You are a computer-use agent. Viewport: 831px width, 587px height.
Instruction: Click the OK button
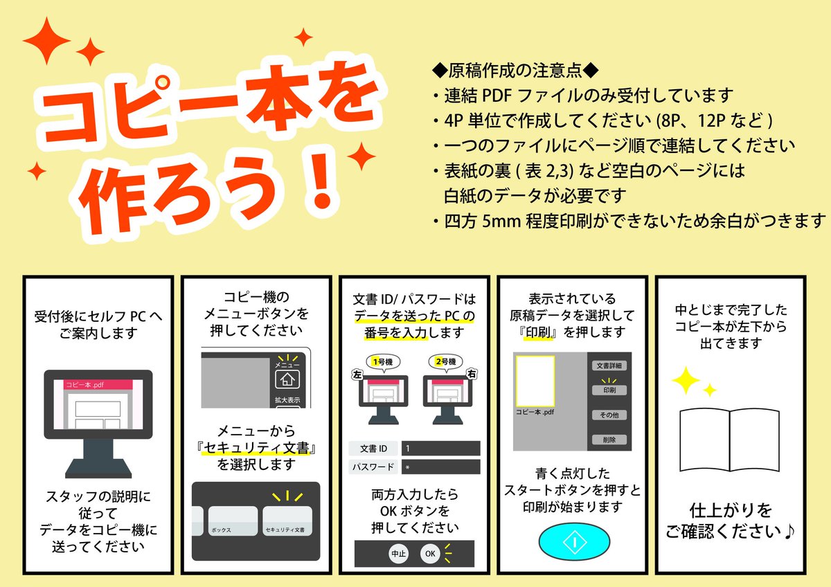430,554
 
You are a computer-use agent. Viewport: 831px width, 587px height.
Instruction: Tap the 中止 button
397,554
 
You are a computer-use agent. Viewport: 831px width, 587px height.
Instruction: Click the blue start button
574,541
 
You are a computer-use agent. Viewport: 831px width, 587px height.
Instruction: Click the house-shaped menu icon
286,379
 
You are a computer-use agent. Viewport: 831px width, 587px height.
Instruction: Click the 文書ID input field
440,449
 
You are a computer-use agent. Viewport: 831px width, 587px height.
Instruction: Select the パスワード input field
440,467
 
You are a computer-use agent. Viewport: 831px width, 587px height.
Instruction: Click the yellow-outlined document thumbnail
534,381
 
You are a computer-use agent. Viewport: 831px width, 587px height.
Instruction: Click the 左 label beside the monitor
358,374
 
